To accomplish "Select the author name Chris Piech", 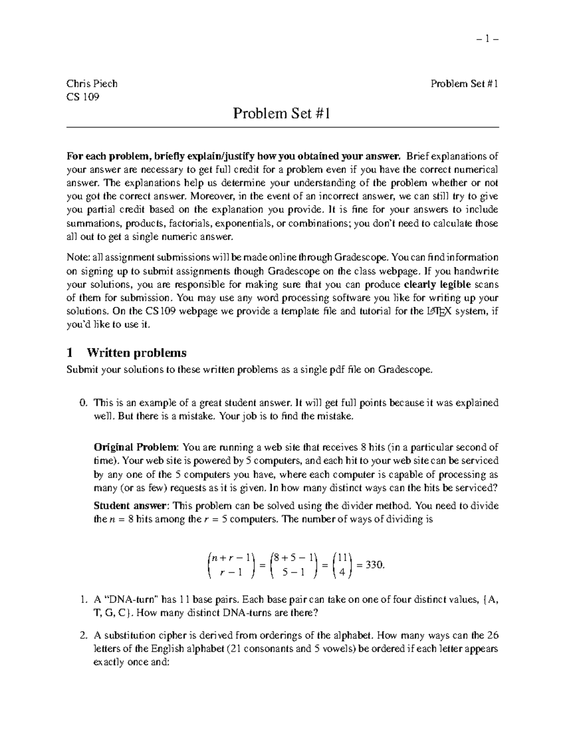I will point(92,84).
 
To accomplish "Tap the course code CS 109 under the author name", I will point(83,97).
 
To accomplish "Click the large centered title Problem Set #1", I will point(282,113).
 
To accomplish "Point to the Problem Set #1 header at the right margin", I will point(464,84).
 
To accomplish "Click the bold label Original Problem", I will point(136,447).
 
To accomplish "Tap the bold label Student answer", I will point(130,506).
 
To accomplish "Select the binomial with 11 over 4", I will point(342,565).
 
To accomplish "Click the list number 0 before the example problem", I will point(83,403).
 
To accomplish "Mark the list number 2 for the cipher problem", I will point(83,636).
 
